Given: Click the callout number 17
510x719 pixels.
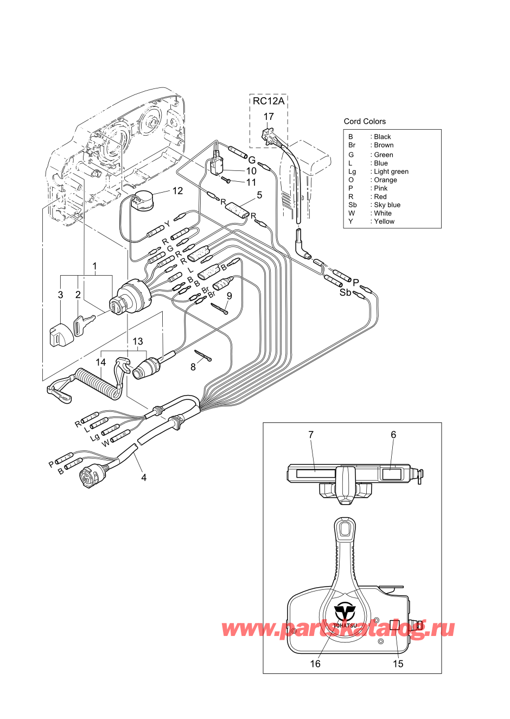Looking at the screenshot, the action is [269, 117].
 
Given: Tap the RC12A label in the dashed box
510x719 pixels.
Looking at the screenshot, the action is [269, 101].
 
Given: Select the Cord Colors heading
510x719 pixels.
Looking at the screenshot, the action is [365, 122].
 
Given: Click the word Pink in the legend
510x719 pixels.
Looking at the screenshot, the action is [381, 188].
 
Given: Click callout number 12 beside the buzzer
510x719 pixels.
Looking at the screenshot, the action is [177, 191].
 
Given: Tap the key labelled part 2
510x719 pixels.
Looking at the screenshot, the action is [84, 324].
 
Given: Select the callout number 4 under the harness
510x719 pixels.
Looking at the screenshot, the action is [144, 478].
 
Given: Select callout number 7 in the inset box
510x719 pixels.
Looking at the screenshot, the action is [311, 435].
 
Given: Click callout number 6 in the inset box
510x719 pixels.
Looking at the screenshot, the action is [393, 435].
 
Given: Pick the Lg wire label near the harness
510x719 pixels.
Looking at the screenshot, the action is [95, 437].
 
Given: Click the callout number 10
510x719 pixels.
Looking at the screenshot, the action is [251, 171].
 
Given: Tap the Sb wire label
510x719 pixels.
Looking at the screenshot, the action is [346, 292].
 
